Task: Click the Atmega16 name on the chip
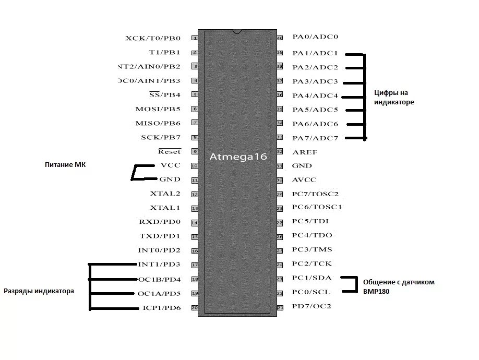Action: point(238,157)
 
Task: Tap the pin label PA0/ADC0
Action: point(315,37)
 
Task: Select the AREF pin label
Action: point(305,152)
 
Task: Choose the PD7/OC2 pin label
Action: point(312,306)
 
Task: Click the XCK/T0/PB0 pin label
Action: point(153,38)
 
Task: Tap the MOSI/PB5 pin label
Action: point(158,109)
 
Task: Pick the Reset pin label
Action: point(170,151)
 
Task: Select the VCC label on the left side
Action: point(171,165)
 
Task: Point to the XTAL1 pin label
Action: point(165,208)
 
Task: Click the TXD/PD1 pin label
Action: point(160,236)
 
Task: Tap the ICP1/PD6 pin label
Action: point(161,308)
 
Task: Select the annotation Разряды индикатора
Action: point(39,291)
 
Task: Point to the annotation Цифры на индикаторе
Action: point(394,98)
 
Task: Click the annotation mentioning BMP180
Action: point(399,287)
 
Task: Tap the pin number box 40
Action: point(280,38)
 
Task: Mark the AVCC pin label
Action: point(304,180)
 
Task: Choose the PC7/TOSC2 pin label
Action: point(315,194)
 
